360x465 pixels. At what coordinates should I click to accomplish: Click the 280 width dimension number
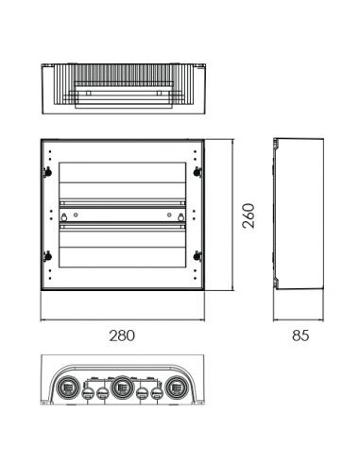pos(122,336)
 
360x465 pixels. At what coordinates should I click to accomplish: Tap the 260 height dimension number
pos(249,215)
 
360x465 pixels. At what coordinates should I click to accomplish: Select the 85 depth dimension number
pos(300,336)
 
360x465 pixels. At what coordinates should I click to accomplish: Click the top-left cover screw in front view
pos(48,172)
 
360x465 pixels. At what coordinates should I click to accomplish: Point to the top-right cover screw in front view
pos(197,172)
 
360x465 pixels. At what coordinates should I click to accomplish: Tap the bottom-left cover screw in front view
pos(48,256)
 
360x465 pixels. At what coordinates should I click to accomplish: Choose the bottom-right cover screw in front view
pos(197,256)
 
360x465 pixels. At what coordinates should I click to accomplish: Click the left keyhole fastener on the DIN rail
pos(64,217)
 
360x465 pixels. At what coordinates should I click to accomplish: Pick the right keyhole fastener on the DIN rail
pos(180,217)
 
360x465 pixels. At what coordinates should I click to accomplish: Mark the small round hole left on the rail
pos(76,215)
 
